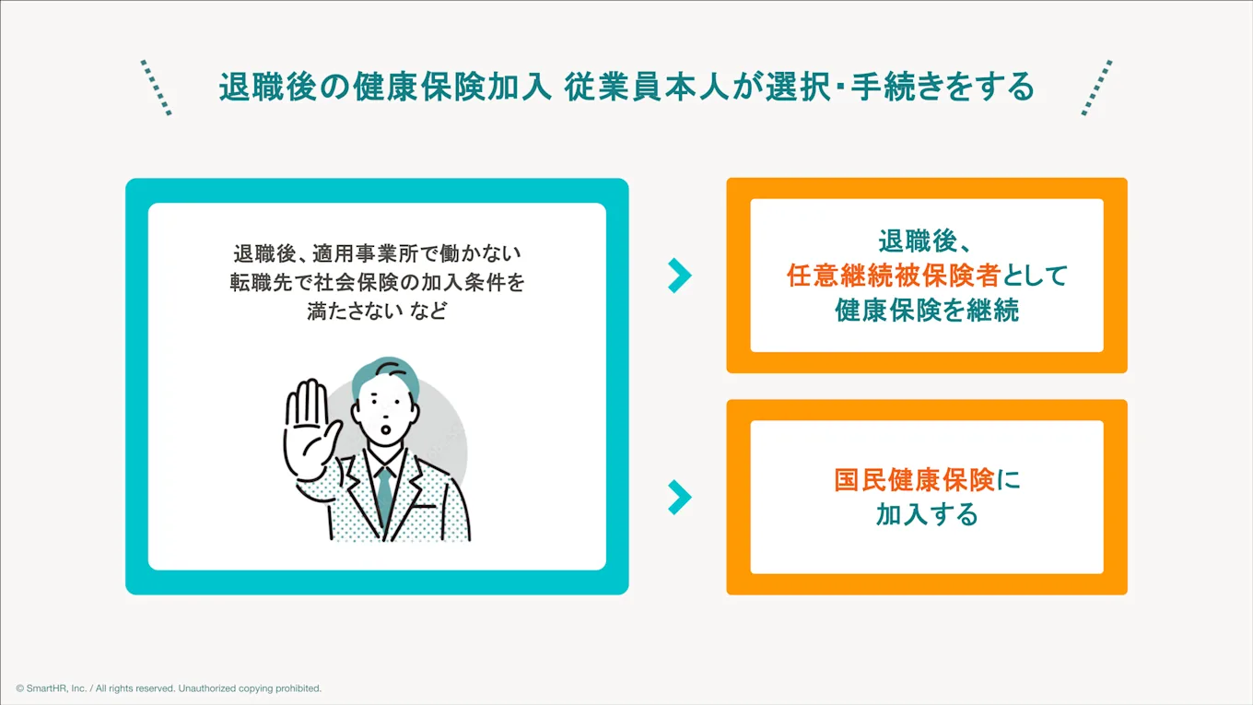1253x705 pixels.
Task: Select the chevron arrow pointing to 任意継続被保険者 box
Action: (x=679, y=275)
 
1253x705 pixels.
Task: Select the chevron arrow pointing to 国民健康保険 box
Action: (x=679, y=497)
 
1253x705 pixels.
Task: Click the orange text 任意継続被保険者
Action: (x=893, y=276)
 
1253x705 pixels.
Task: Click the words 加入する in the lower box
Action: (x=927, y=514)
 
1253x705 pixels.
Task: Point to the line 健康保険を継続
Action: (x=927, y=311)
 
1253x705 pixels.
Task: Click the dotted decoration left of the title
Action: (x=156, y=88)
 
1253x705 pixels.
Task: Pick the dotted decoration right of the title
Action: (x=1096, y=88)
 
